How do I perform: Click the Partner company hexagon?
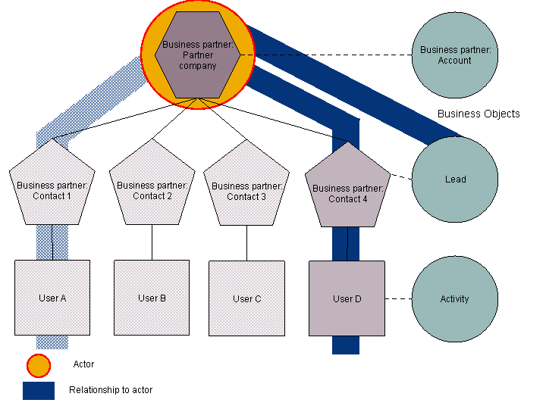pos(198,55)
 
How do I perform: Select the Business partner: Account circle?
pos(455,55)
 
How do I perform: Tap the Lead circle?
pos(455,180)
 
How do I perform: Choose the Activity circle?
pos(455,298)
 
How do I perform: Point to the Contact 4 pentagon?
pos(347,193)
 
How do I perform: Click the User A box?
pos(52,298)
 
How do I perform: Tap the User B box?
pos(152,298)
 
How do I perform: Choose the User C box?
pos(246,298)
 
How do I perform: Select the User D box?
pos(347,298)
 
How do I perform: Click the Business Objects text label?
pos(479,114)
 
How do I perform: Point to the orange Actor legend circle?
pos(39,366)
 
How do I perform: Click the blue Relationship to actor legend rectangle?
pos(39,390)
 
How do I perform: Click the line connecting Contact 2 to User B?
pos(152,242)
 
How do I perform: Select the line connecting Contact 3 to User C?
pos(247,243)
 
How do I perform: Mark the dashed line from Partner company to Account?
pos(326,55)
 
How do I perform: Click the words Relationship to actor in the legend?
pos(111,390)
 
